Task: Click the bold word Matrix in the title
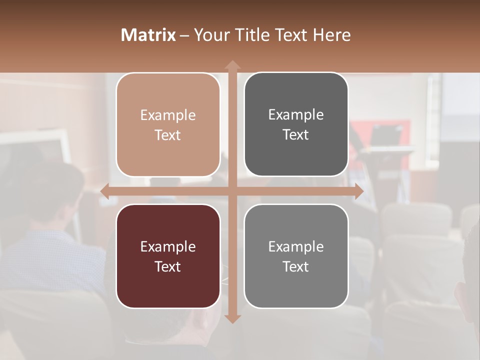148,35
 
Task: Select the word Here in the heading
331,35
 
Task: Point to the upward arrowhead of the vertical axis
232,65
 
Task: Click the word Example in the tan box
168,115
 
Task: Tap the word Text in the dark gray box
296,135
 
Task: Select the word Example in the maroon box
168,247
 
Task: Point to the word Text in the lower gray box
296,267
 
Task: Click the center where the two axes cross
232,191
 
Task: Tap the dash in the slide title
184,35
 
